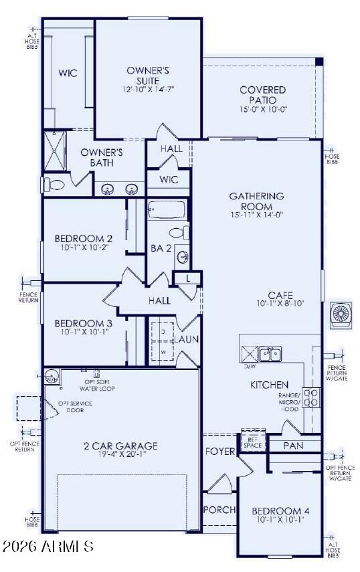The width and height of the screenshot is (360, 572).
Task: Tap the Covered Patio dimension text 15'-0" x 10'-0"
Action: [x=263, y=110]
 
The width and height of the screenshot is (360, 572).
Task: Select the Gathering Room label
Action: [x=256, y=201]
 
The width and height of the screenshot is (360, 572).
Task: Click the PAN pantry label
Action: [x=293, y=445]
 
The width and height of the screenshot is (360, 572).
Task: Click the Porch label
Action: [x=219, y=510]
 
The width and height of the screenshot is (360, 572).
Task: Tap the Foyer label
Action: [x=220, y=452]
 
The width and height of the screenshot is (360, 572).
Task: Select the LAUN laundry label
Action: [x=188, y=339]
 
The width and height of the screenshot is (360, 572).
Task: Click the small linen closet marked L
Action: [x=188, y=278]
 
